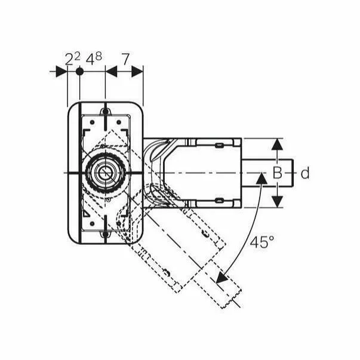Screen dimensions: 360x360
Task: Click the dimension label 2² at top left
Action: pyautogui.click(x=72, y=59)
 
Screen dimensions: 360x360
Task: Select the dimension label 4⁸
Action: pyautogui.click(x=94, y=59)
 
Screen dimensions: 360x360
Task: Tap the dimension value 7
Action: pyautogui.click(x=125, y=59)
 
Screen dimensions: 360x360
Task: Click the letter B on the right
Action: pyautogui.click(x=277, y=173)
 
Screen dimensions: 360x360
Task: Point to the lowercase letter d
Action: pyautogui.click(x=305, y=174)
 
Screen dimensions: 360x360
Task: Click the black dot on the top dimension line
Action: pyautogui.click(x=79, y=71)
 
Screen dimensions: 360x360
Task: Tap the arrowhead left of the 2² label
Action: pyautogui.click(x=61, y=71)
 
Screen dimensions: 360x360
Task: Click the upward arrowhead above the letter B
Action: pyautogui.click(x=277, y=144)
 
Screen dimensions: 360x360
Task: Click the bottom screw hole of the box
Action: pyautogui.click(x=105, y=235)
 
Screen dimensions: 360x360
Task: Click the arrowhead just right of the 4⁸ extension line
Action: pyautogui.click(x=111, y=71)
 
